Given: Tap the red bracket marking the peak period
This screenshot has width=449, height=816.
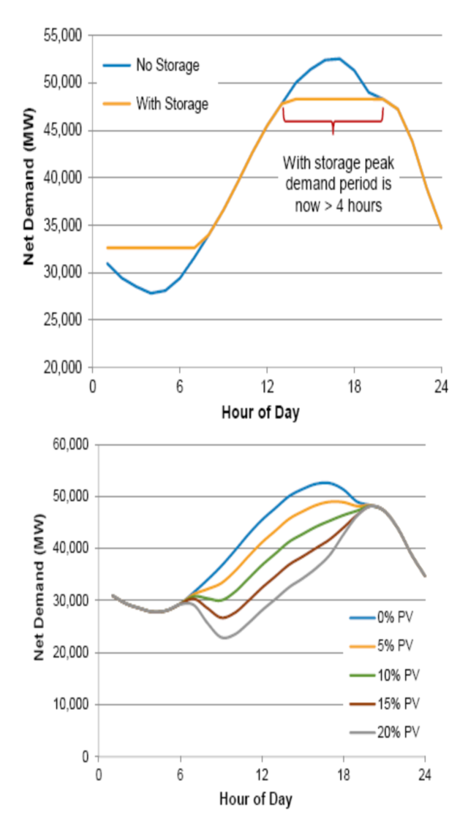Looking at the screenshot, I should (x=333, y=119).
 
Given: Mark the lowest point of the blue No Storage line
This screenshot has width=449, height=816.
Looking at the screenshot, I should (x=151, y=292).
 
